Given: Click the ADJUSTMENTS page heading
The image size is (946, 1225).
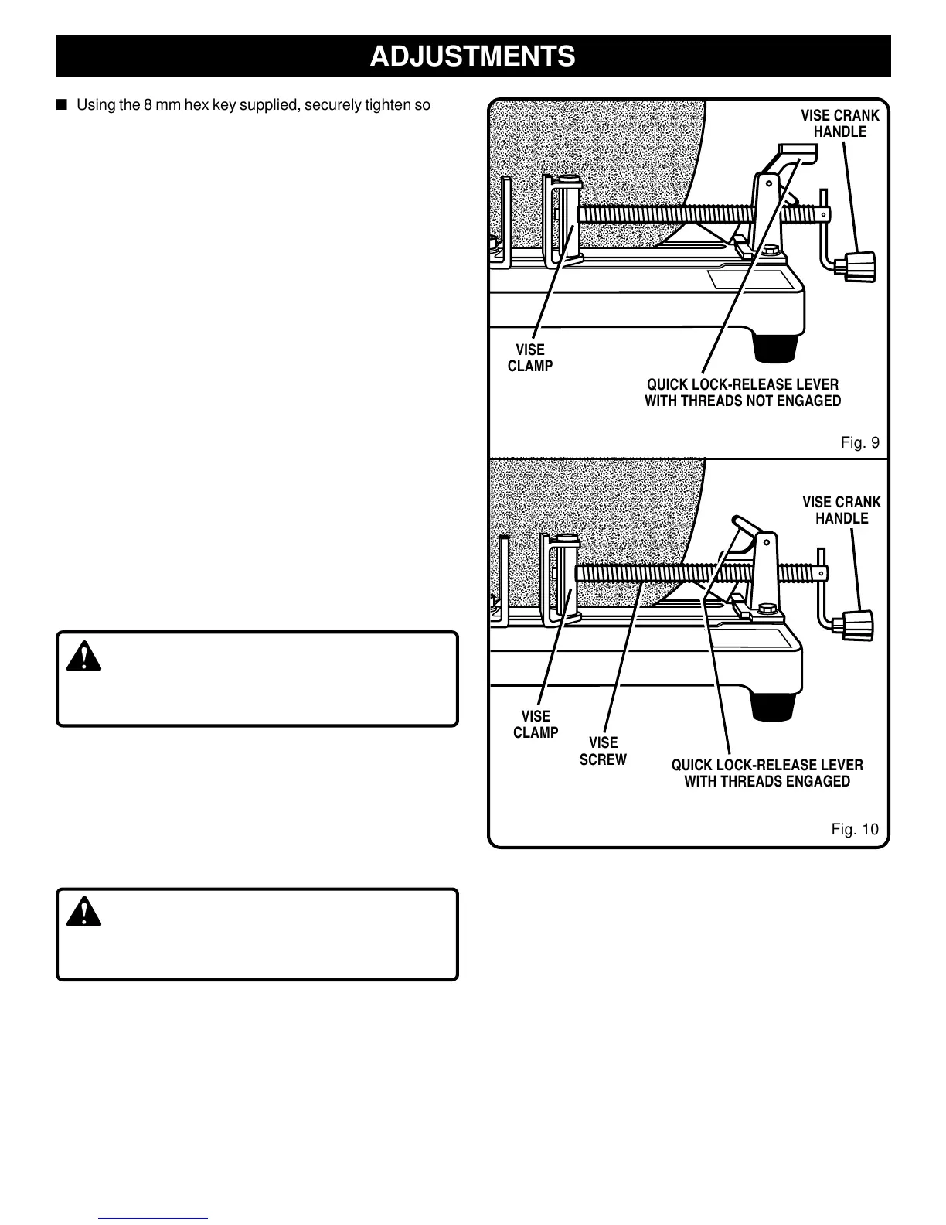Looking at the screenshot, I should click(472, 56).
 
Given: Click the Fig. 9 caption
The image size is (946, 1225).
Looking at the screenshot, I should click(859, 443).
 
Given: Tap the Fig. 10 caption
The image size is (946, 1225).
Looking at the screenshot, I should click(855, 830).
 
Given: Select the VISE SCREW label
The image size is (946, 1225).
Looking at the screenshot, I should click(603, 751).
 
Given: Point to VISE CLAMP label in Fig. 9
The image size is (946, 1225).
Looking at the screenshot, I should click(530, 358).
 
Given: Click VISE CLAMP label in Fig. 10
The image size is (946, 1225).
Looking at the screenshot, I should click(536, 725).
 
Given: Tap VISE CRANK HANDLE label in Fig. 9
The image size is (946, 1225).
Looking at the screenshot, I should click(839, 124).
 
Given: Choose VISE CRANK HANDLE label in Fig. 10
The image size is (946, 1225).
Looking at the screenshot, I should click(841, 510).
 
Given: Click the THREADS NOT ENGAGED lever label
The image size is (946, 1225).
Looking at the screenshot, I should click(742, 393).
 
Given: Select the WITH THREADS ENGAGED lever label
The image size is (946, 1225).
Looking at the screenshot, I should click(767, 773).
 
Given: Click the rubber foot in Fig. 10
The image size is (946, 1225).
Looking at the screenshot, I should click(775, 706).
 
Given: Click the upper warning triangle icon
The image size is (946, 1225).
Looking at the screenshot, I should click(83, 657).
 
